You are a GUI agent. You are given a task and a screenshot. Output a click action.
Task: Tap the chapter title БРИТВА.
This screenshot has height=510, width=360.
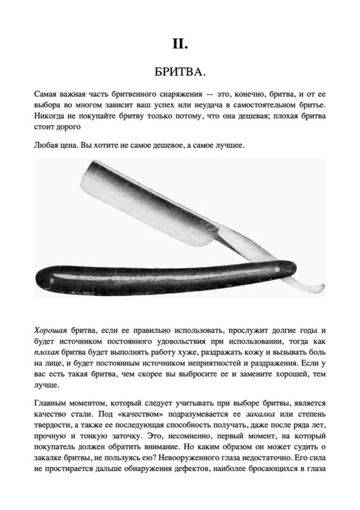pos(180,69)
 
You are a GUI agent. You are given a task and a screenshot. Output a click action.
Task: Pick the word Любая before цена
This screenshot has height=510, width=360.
pos(48,146)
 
